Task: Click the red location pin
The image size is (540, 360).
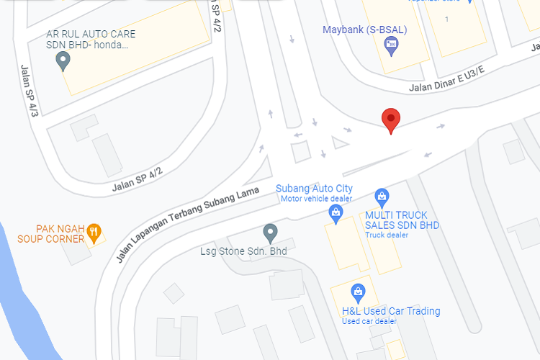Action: [390, 120]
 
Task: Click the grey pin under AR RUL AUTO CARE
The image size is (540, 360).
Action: [63, 62]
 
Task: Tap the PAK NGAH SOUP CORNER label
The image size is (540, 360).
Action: [50, 233]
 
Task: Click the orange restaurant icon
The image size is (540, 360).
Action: [94, 232]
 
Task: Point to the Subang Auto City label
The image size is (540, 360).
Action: [314, 189]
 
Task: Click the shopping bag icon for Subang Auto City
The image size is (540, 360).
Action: [336, 212]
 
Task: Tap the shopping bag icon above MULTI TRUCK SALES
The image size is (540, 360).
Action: [382, 196]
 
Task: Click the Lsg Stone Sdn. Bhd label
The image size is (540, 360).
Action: [243, 251]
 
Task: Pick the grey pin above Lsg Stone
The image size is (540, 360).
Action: [270, 233]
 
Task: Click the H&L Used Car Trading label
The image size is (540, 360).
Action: [391, 311]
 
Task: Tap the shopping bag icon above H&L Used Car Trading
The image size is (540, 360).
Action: [357, 292]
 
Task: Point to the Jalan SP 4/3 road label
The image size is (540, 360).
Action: [30, 89]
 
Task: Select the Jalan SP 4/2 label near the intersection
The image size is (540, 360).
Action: [138, 179]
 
